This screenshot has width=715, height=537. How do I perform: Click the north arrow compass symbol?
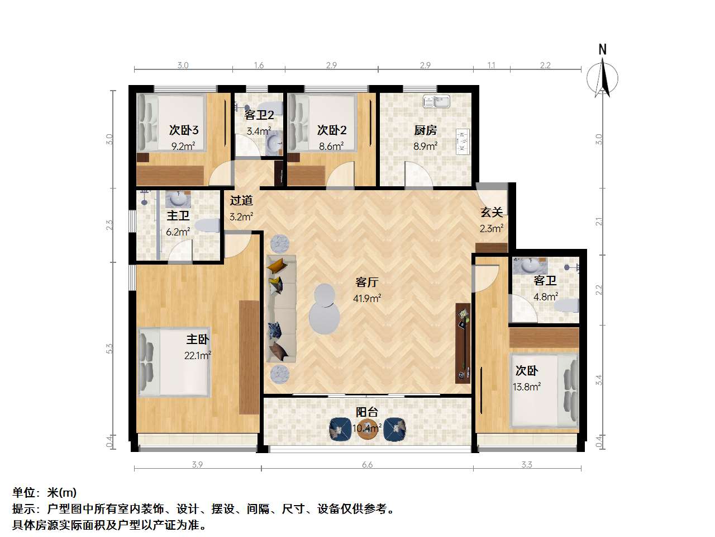602,77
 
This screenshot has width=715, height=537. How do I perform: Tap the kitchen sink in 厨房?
436,101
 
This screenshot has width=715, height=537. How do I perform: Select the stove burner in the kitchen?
462,142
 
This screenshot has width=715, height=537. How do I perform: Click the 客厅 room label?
367,282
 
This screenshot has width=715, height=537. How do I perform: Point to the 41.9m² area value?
367,298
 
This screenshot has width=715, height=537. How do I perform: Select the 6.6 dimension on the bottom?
367,464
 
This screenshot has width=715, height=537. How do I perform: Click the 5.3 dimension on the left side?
109,348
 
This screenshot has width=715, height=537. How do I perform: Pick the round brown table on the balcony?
367,429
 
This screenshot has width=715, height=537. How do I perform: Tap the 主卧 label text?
197,340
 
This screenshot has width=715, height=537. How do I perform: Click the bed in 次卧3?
172,123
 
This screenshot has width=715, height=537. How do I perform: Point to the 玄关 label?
492,212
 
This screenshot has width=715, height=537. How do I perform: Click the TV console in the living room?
463,343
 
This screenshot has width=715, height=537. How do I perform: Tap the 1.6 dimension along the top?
259,65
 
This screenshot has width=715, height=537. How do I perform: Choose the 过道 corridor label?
241,200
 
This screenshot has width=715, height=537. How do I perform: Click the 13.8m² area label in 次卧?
527,387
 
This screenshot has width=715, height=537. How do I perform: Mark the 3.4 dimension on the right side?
599,380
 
